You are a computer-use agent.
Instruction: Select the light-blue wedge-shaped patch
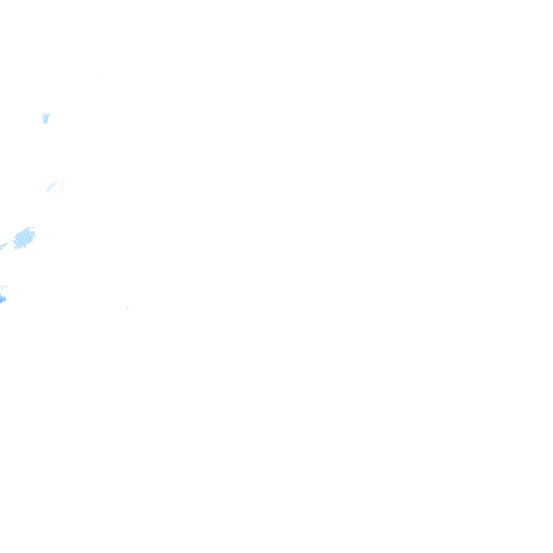(x=45, y=117)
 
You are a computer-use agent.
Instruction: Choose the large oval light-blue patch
(x=24, y=237)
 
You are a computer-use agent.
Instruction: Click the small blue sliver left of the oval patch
(x=3, y=246)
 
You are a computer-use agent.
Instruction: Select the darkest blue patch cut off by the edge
(x=2, y=298)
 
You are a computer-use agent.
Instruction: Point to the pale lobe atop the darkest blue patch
(x=3, y=286)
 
